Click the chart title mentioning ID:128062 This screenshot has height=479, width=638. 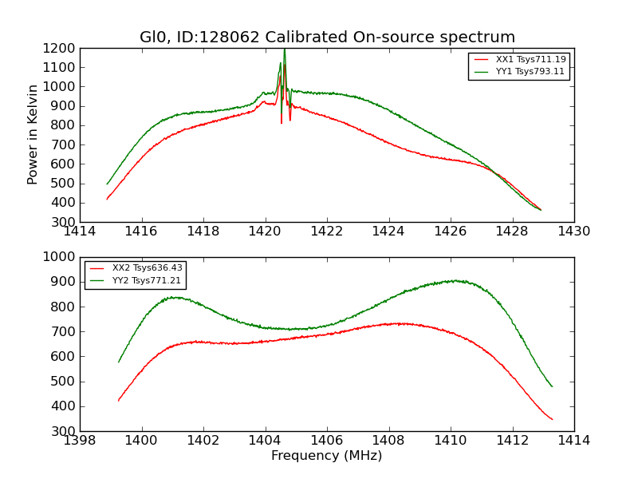(327, 38)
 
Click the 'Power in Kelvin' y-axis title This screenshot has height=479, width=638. (33, 134)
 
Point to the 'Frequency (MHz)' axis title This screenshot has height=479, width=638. (326, 456)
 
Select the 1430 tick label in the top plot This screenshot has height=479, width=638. (573, 232)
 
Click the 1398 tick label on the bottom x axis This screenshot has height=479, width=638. (80, 441)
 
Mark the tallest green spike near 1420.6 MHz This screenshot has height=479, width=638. (284, 50)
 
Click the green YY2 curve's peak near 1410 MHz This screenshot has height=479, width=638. (453, 280)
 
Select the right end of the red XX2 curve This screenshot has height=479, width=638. (552, 419)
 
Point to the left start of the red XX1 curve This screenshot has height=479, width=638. (107, 199)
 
